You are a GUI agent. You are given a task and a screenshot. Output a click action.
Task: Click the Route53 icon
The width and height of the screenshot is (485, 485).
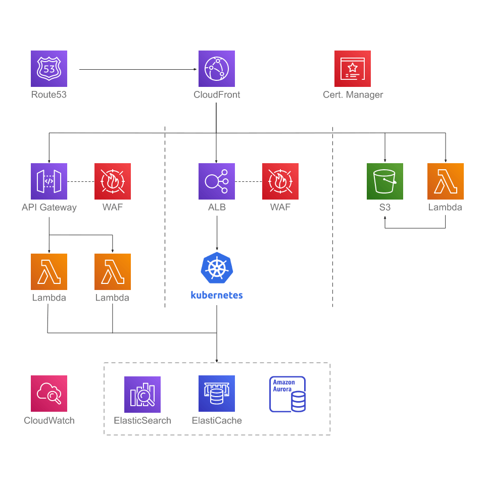49,69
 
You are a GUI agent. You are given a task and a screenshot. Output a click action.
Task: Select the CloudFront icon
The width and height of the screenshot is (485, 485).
217,69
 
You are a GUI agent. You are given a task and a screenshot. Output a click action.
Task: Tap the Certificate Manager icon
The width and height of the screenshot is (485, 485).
353,69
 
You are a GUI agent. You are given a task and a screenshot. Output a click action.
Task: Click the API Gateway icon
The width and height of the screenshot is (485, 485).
49,181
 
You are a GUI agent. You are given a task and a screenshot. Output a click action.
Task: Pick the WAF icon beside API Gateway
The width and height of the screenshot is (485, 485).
113,181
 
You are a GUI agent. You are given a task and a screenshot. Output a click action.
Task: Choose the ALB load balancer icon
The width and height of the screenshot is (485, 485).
217,181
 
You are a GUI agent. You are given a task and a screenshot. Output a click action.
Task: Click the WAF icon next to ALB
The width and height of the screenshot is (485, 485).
280,181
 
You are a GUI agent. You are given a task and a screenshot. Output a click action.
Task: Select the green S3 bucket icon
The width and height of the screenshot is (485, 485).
385,181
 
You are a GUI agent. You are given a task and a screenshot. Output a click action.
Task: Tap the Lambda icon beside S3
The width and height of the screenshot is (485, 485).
446,181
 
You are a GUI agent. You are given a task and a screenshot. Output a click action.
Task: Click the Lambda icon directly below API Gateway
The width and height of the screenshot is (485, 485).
49,272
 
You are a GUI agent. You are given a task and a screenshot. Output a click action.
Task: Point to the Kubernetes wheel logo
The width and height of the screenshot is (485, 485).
217,268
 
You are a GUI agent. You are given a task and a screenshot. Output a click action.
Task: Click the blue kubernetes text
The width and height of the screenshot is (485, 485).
217,296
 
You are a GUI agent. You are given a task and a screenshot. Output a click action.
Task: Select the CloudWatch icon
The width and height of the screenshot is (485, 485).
49,394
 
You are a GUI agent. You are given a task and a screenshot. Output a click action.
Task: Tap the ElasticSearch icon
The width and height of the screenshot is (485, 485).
142,395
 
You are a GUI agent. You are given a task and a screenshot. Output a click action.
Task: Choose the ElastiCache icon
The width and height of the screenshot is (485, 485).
217,394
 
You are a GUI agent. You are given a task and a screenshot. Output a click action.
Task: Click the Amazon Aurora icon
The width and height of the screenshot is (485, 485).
287,394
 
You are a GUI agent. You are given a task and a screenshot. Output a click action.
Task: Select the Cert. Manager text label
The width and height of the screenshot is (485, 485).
353,94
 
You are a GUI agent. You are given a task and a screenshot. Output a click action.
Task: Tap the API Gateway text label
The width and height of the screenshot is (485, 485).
49,208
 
